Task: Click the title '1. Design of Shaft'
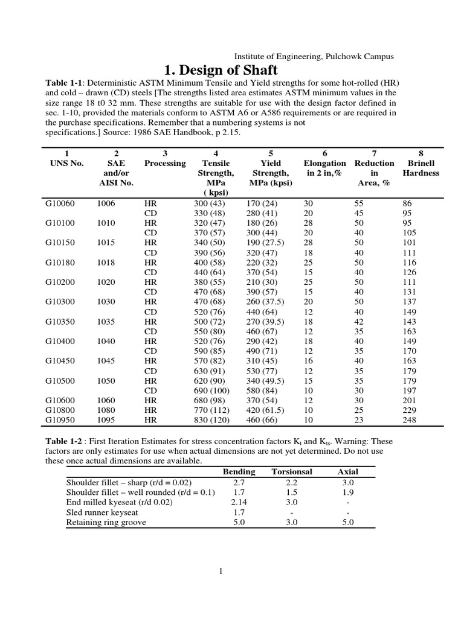(x=221, y=71)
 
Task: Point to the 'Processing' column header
(x=165, y=163)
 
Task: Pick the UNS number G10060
(x=60, y=204)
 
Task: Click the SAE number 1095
(x=106, y=419)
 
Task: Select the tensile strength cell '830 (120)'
(x=206, y=419)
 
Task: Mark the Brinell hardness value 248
(x=409, y=419)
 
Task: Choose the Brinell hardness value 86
(x=407, y=204)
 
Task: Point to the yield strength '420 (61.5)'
(x=268, y=411)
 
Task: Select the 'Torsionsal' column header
(x=292, y=471)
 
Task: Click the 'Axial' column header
(x=348, y=471)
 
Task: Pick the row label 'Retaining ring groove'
(x=106, y=522)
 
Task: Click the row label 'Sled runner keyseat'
(x=102, y=512)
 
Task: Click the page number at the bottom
(x=222, y=572)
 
